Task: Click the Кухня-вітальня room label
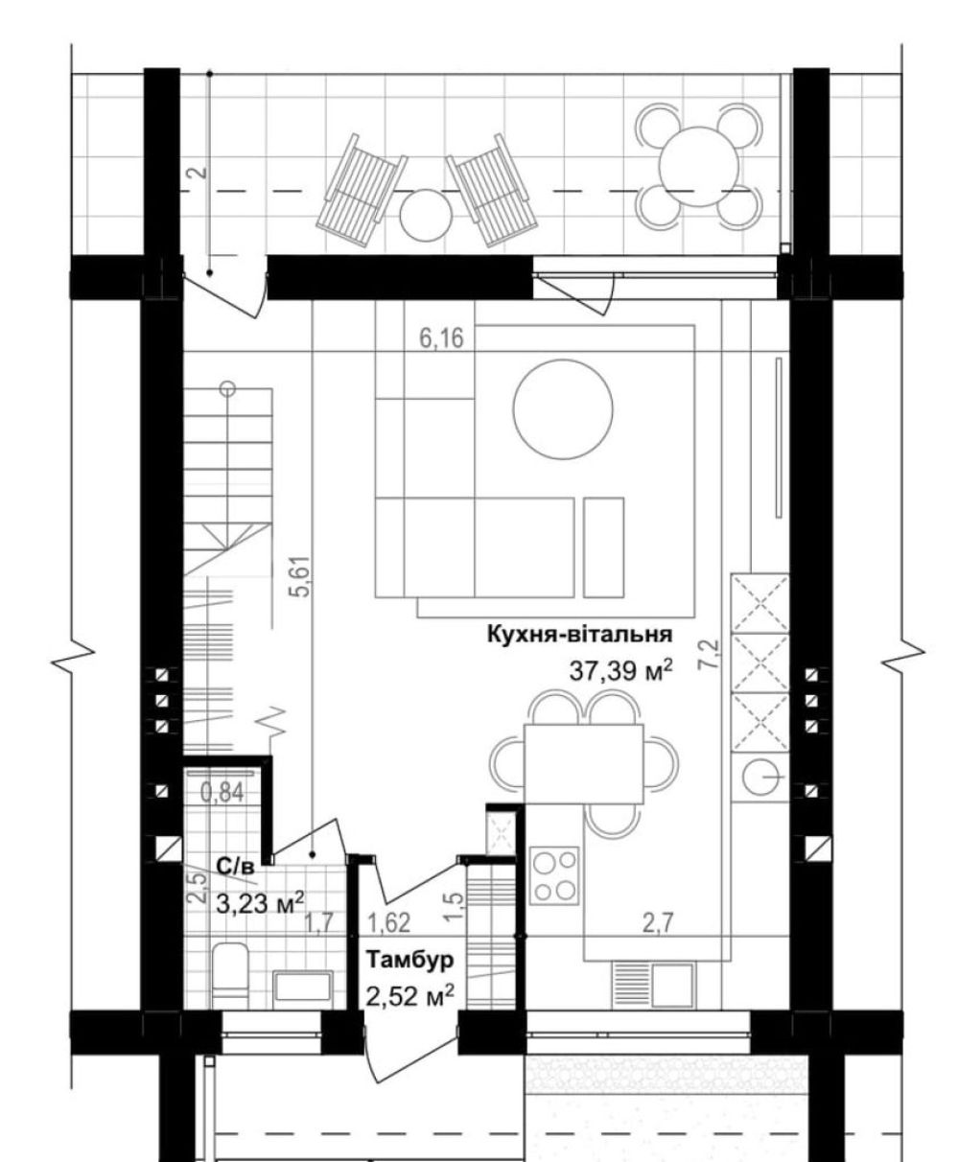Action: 579,634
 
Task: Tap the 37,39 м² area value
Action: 621,670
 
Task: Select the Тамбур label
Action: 409,960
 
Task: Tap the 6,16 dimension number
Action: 441,337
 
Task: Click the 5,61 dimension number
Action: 302,576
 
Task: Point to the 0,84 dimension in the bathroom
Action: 222,792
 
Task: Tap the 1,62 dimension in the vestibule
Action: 389,923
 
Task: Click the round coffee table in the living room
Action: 563,409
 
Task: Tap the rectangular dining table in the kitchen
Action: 583,763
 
